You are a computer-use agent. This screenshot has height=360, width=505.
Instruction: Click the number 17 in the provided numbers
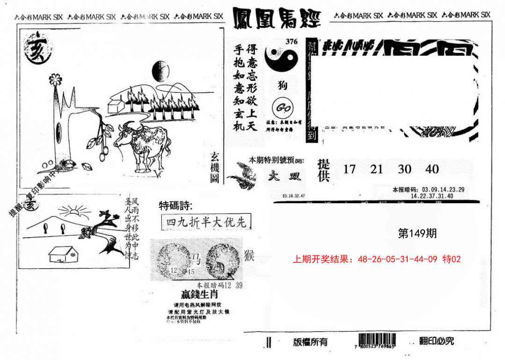coord(349,169)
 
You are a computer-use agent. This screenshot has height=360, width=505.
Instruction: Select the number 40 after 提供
coord(432,169)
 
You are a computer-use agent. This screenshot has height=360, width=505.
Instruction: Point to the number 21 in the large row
coord(376,169)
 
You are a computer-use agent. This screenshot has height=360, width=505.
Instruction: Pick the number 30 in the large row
coord(404,169)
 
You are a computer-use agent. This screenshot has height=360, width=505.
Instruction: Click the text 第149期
coord(417,233)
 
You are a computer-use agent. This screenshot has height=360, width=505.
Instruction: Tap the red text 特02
coord(451,259)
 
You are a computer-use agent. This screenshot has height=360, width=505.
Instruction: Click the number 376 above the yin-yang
coord(291,42)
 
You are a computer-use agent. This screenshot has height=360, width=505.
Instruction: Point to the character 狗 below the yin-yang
coord(282,85)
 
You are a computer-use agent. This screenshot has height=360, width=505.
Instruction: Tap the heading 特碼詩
coord(175,205)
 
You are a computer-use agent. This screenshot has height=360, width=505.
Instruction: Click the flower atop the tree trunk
coord(55,79)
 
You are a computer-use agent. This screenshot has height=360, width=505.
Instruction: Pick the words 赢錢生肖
coord(200,295)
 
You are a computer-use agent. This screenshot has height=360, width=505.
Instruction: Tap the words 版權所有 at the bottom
coord(310,342)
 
